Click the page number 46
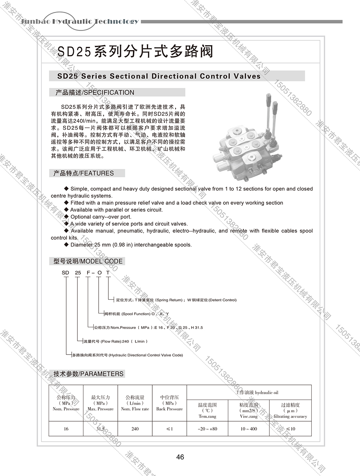point(180,457)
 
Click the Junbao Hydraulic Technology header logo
point(80,21)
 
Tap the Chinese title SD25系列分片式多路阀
point(135,52)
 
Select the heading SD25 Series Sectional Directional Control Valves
point(159,76)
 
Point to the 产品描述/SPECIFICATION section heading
point(95,93)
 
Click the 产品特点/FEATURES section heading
point(84,173)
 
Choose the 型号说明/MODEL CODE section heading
point(88,261)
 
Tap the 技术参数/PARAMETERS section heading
point(88,374)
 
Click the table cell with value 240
point(135,429)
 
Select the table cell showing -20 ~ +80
point(207,429)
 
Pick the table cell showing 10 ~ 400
point(249,429)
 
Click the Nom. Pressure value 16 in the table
point(66,429)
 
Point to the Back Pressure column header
point(170,403)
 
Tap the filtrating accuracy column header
point(290,410)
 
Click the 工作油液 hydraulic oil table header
point(257,392)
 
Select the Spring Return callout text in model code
point(176,300)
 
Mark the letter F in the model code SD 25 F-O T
point(88,273)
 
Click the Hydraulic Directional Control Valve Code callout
point(127,355)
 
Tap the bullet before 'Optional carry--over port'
point(66,217)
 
